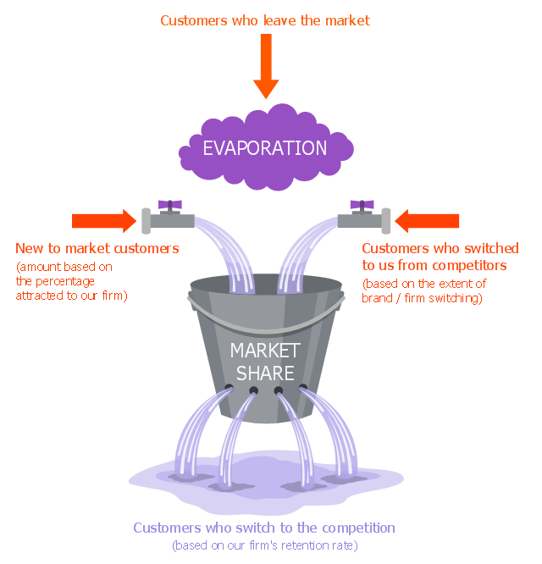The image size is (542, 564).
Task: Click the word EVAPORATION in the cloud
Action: (264, 148)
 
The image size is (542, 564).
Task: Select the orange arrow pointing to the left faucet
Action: (102, 221)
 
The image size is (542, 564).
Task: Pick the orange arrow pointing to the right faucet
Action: (428, 221)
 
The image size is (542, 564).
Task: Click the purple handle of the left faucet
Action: (170, 204)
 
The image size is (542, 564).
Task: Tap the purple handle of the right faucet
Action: (362, 204)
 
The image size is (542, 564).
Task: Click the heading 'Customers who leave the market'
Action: (265, 19)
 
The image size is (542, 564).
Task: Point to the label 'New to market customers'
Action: (97, 248)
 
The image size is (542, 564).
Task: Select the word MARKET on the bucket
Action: (265, 350)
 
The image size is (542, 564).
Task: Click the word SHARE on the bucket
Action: (265, 373)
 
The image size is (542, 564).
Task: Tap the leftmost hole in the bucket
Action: (229, 388)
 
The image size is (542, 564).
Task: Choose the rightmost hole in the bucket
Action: (302, 388)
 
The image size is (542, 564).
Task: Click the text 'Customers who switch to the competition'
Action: (264, 528)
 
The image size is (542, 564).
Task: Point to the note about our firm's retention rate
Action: (264, 545)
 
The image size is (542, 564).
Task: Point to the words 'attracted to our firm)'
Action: (71, 296)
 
